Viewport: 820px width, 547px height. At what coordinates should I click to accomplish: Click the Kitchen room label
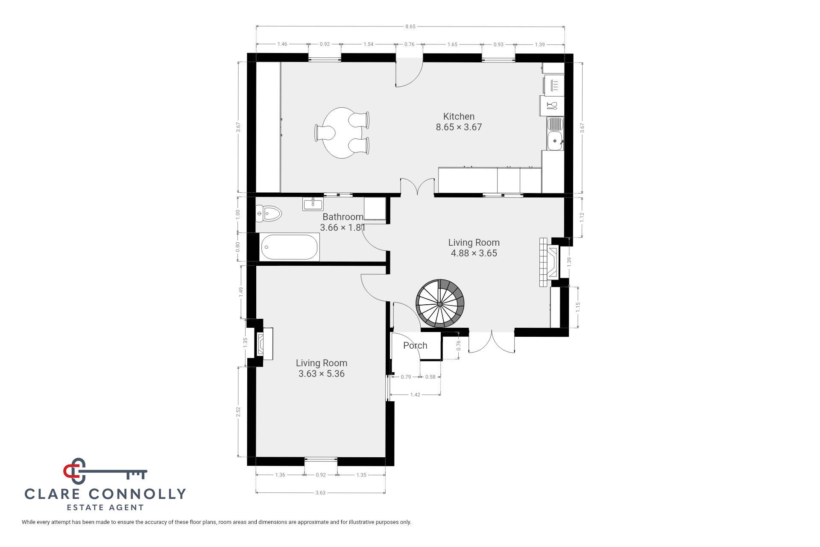click(x=459, y=116)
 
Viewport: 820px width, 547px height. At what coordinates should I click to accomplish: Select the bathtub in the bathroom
click(x=290, y=247)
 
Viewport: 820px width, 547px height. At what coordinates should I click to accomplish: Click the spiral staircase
click(x=440, y=303)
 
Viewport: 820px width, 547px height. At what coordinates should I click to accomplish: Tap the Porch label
click(x=415, y=345)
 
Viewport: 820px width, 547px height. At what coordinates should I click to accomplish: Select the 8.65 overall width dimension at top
click(x=410, y=26)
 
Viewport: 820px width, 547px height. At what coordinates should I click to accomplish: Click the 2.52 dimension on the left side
click(x=238, y=412)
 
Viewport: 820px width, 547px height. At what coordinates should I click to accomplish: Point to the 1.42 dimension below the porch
click(x=415, y=394)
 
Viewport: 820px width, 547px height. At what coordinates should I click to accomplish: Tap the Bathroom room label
click(x=343, y=217)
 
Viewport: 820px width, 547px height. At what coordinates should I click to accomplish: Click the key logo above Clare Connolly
click(x=105, y=471)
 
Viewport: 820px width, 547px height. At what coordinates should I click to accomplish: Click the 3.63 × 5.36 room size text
click(x=322, y=374)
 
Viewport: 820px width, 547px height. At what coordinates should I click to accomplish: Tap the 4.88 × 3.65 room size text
click(x=474, y=253)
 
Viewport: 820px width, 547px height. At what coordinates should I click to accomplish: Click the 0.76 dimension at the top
click(x=410, y=44)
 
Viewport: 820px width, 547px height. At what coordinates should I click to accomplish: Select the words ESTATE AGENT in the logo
click(x=105, y=508)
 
